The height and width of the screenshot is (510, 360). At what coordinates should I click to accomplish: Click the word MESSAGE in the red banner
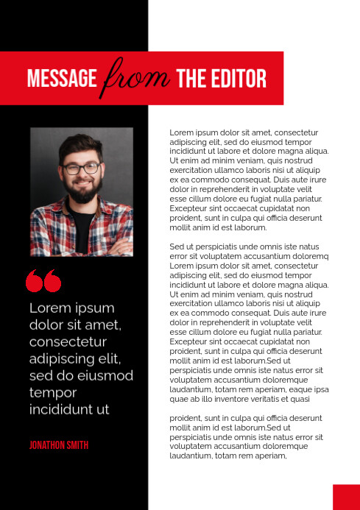[x=62, y=79]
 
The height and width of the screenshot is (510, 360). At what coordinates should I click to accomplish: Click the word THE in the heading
[x=192, y=79]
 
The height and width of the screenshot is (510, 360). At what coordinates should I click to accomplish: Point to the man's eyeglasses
[x=81, y=169]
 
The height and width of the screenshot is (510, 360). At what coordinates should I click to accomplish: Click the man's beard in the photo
[x=82, y=194]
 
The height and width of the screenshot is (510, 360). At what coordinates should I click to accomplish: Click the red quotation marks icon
[x=43, y=280]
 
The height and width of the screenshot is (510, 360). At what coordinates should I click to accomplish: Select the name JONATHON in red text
[x=49, y=445]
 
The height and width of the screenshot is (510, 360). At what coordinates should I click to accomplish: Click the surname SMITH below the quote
[x=79, y=445]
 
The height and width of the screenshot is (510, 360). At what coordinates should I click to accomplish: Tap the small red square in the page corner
[x=346, y=497]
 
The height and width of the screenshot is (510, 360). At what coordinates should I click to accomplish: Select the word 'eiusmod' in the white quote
[x=109, y=376]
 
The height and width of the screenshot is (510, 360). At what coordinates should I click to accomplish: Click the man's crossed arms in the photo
[x=81, y=243]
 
